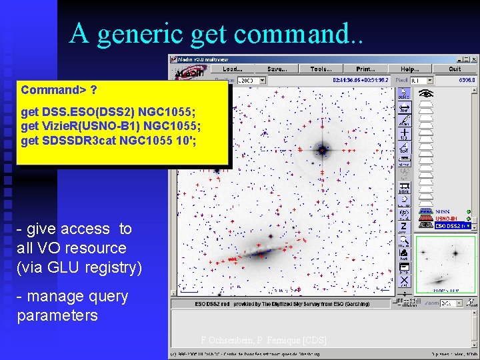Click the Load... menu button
[x=233, y=69]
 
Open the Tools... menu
[x=321, y=69]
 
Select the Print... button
[x=365, y=69]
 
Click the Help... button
[x=410, y=69]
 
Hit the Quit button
[x=455, y=69]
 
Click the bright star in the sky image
[x=323, y=151]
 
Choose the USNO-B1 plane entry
[x=445, y=219]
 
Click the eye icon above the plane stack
[x=425, y=95]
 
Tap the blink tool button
[x=405, y=189]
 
